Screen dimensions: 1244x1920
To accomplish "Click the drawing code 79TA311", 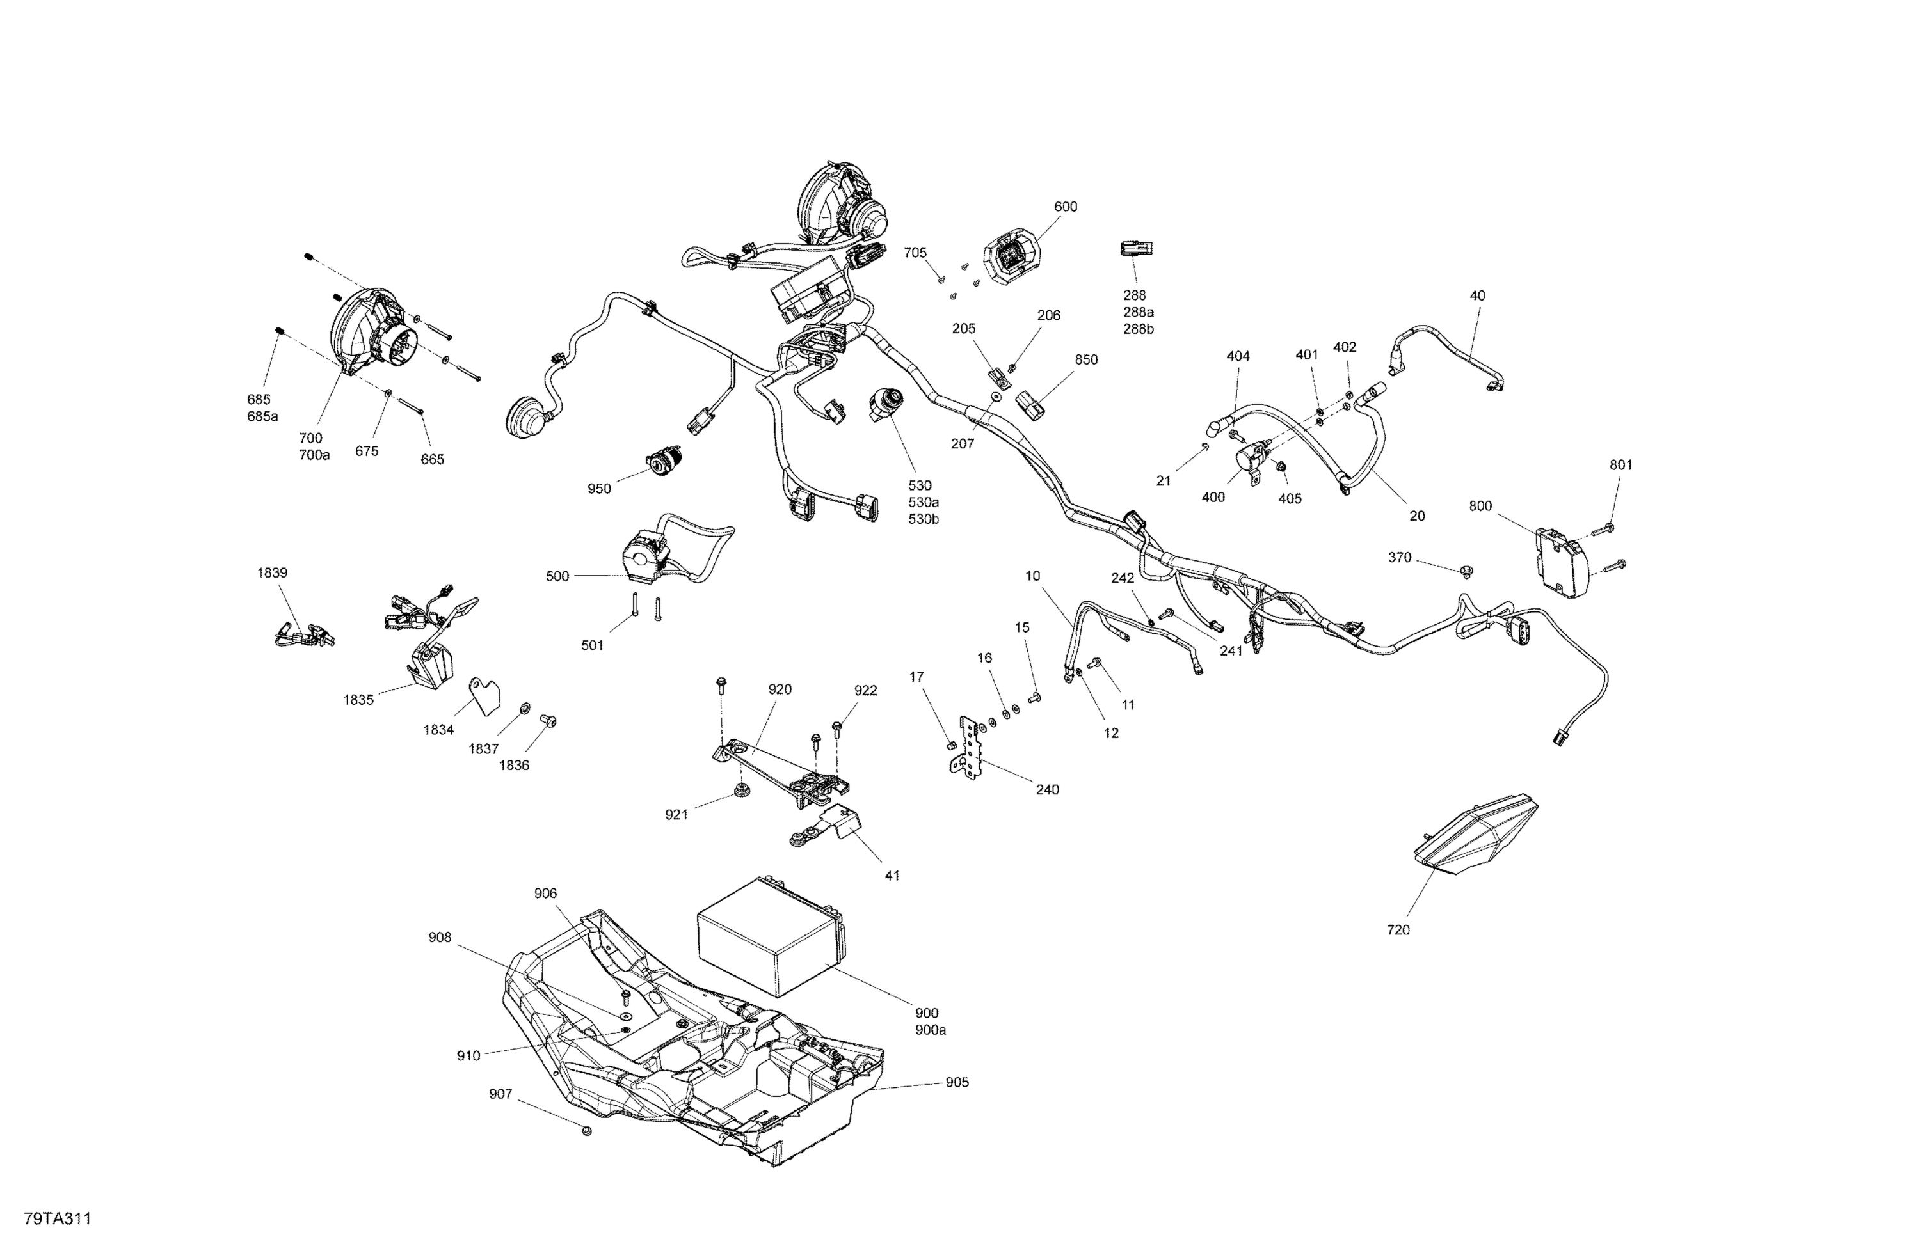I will tap(57, 1219).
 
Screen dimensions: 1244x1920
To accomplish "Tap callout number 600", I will tap(1065, 207).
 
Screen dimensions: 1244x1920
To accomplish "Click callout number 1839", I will tap(272, 573).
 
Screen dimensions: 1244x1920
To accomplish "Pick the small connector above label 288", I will tap(1136, 248).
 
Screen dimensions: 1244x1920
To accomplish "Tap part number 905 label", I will tap(957, 1083).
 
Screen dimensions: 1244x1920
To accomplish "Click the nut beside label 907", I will tap(586, 1131).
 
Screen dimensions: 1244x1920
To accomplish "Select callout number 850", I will tap(1086, 359).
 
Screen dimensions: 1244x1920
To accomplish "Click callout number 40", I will tap(1477, 296).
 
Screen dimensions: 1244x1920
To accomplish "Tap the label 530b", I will tap(924, 519).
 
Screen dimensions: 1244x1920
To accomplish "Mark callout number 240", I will tap(1047, 790).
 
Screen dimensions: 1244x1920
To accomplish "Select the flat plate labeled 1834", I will tap(485, 696).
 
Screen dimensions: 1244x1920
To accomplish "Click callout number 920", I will tap(780, 689).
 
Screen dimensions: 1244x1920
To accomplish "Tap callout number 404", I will tap(1238, 356).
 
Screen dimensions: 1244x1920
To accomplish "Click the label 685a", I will tap(262, 417).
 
